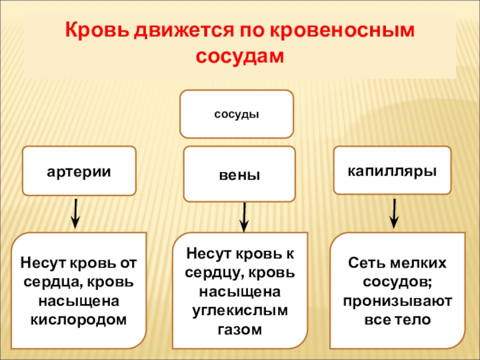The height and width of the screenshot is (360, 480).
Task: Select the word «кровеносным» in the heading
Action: click(344, 30)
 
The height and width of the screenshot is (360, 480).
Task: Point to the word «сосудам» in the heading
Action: click(239, 56)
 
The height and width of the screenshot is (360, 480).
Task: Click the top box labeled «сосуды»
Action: click(237, 114)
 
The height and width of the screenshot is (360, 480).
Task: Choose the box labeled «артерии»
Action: click(79, 170)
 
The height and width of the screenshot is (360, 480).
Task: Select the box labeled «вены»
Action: click(239, 176)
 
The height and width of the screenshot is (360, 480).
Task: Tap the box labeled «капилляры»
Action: click(392, 170)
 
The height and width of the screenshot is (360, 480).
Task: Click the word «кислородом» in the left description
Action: click(79, 319)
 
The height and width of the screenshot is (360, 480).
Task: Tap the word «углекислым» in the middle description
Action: click(239, 310)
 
